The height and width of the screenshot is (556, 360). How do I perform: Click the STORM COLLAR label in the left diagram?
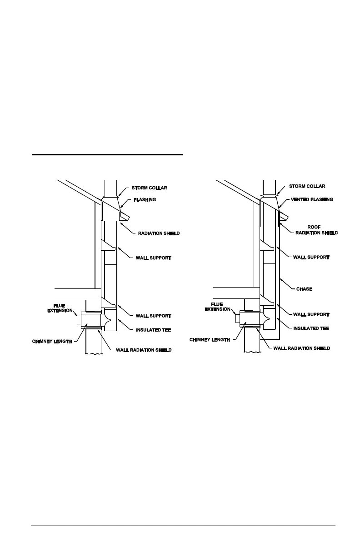coord(150,188)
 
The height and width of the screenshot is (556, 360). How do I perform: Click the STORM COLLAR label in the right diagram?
coord(307,186)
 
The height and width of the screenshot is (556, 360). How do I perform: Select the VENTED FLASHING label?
coord(312,199)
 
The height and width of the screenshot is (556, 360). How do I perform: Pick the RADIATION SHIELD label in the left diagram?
coord(155,233)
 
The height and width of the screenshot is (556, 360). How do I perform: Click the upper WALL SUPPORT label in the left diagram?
coord(154,258)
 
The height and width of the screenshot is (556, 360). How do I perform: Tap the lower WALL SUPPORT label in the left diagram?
coord(154,315)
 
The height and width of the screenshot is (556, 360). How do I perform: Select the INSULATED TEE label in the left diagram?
coord(153,330)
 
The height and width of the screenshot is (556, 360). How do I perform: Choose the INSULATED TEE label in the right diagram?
coord(311,328)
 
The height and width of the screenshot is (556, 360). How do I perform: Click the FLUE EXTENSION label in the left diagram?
coord(60,308)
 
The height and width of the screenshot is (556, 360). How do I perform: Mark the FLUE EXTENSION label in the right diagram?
coord(217,307)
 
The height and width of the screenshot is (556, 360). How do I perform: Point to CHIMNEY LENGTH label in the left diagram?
coord(52,341)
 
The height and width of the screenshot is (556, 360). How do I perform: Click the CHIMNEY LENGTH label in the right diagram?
coord(210,339)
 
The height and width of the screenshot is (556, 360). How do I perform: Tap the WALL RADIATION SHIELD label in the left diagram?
coord(144,350)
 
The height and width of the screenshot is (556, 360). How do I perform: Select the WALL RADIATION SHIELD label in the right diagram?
coord(301,348)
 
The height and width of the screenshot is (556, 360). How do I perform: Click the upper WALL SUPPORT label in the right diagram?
coord(311,257)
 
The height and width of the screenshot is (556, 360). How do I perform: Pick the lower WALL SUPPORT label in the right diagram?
coord(311,314)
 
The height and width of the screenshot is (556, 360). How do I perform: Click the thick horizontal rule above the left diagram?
coord(107,155)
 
